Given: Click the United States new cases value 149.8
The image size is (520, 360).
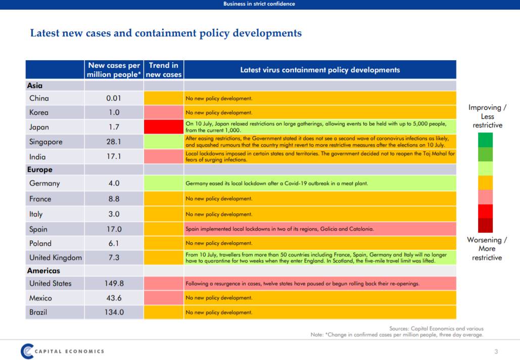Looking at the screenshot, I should point(114,283).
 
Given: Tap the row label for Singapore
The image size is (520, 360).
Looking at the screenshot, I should point(45,142).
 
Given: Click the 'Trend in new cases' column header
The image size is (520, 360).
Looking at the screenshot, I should point(163,70).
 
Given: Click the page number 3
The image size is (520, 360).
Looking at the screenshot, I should point(496,351).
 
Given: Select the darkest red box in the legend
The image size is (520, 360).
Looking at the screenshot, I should point(485,226).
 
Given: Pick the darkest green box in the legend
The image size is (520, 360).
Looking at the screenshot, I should point(485,140).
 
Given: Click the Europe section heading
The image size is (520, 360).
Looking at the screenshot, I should point(40,170).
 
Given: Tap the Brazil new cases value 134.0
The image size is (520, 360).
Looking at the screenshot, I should point(114,312).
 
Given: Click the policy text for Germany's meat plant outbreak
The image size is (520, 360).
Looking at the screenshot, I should point(277,184).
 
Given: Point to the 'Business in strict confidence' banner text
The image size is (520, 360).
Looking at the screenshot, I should point(259,4).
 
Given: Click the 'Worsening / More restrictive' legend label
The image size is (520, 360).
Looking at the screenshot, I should point(487,249).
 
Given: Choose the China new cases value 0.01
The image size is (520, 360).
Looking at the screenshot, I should point(114,98).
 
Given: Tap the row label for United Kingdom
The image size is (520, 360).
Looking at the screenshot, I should point(55,257).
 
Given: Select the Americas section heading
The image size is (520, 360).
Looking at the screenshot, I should point(43,271).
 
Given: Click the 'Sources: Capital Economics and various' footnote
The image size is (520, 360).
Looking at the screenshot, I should point(436,329).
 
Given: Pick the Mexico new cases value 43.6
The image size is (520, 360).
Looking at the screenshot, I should point(114,298).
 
